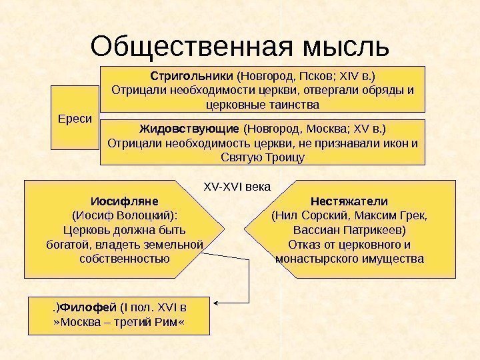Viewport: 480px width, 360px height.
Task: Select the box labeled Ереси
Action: (x=75, y=118)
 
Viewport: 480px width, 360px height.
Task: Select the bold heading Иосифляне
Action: (x=124, y=201)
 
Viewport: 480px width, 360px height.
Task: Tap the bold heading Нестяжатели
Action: (x=349, y=201)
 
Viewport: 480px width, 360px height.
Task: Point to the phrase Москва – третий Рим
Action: (x=119, y=323)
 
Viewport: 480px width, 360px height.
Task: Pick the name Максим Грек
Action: (x=393, y=215)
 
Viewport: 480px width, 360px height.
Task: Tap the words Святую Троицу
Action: (x=262, y=158)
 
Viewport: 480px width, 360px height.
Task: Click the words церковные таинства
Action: (x=263, y=105)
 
